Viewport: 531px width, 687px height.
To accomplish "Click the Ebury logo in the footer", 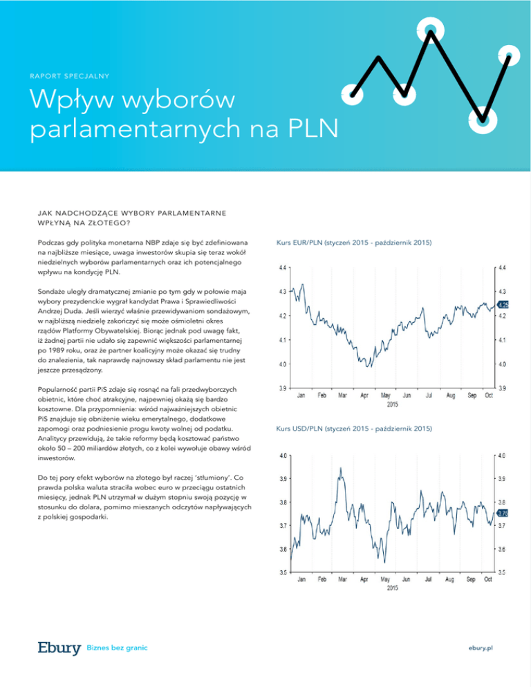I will click(59, 647).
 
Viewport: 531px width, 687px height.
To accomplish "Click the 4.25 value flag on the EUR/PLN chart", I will click(503, 304).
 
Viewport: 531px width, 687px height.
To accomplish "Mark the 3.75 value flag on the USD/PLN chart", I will click(503, 513).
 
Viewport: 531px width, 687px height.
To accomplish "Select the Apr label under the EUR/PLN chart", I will click(364, 395).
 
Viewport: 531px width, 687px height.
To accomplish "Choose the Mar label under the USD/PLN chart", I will click(342, 579).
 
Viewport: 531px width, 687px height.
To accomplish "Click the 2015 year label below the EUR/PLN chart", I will click(392, 404).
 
